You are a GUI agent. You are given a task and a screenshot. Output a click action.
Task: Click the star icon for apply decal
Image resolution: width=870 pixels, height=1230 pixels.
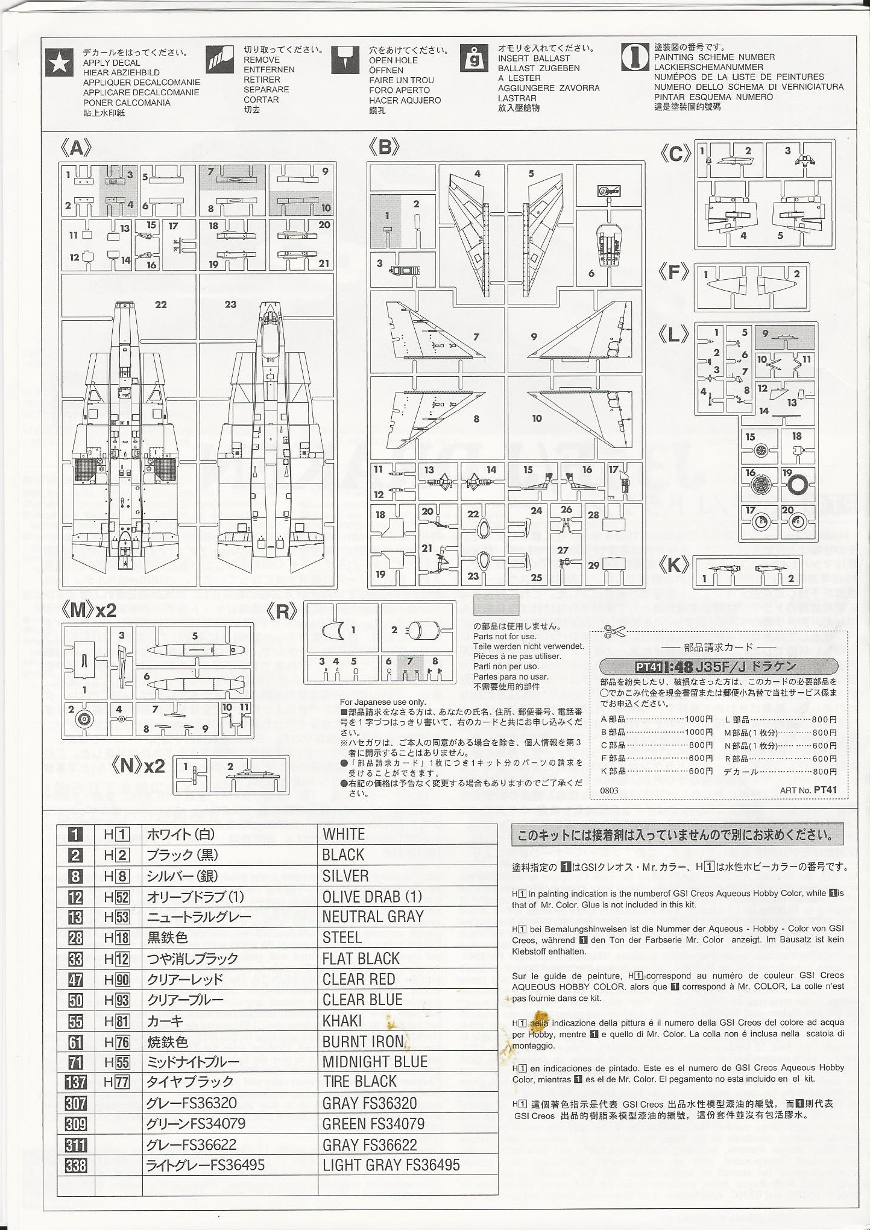[x=60, y=63]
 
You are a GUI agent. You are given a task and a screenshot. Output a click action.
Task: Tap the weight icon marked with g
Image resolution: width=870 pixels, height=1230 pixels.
[x=474, y=58]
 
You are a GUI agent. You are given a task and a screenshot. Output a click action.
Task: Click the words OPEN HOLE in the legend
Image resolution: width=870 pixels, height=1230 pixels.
[x=393, y=60]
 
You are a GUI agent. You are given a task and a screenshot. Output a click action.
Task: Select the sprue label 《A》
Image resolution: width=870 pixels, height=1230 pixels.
[x=76, y=148]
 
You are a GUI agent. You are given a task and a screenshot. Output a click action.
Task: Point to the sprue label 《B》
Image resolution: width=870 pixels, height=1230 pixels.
[x=384, y=147]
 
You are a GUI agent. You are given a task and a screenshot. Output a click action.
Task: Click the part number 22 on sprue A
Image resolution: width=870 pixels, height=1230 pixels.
[x=160, y=304]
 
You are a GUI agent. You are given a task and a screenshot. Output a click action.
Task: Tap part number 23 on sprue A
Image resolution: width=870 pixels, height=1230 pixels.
[x=230, y=304]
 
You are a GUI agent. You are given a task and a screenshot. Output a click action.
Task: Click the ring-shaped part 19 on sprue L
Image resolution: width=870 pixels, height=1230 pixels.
[x=797, y=484]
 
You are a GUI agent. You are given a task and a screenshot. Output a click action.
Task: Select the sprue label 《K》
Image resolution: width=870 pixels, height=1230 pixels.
[x=673, y=566]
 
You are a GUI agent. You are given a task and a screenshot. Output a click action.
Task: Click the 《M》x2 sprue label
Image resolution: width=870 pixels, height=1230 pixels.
[x=89, y=610]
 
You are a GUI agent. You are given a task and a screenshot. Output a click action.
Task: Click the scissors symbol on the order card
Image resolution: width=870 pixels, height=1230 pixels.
[x=615, y=632]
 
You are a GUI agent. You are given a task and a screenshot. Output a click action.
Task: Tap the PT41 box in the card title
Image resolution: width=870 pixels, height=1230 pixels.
[x=649, y=667]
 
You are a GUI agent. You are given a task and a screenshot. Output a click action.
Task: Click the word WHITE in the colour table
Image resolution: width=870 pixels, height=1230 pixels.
[x=344, y=834]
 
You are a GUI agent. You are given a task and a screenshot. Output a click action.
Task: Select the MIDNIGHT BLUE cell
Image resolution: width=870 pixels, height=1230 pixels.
[x=374, y=1062]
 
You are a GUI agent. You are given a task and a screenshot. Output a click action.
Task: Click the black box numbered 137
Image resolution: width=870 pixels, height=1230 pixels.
[x=75, y=1083]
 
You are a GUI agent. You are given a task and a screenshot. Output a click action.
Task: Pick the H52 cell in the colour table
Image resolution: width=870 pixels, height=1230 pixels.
[x=117, y=897]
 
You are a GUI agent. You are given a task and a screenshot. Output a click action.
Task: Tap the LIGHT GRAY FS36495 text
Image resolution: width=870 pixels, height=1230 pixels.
[x=391, y=1165]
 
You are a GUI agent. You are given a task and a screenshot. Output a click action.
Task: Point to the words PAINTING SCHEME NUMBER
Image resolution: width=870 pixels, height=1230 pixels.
[x=714, y=57]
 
